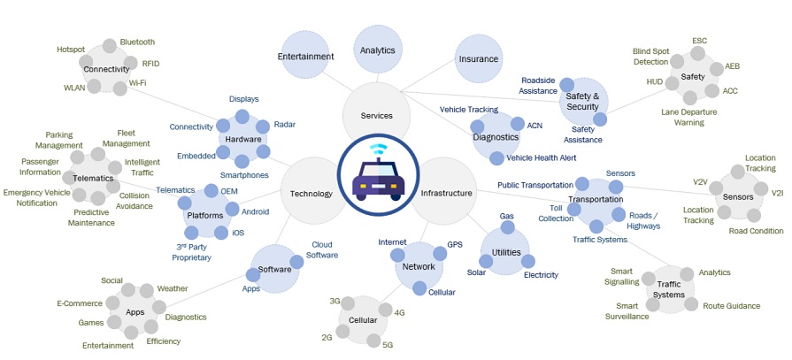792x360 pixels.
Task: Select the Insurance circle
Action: (479, 59)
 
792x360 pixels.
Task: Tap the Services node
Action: (376, 116)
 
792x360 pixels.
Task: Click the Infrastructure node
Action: (446, 193)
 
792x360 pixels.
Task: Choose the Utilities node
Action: (507, 252)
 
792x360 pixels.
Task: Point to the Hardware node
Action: (242, 139)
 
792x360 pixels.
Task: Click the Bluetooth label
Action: (137, 42)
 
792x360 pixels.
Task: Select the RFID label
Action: (151, 64)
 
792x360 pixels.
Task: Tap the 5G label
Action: (388, 344)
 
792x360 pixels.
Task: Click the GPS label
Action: (455, 243)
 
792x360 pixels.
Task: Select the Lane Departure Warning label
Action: (689, 118)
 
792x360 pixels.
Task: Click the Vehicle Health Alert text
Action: (541, 157)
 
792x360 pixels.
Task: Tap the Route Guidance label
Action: (731, 306)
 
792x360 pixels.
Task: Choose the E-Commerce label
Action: (80, 303)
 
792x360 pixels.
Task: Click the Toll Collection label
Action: (555, 212)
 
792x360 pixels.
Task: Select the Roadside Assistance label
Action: (538, 85)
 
